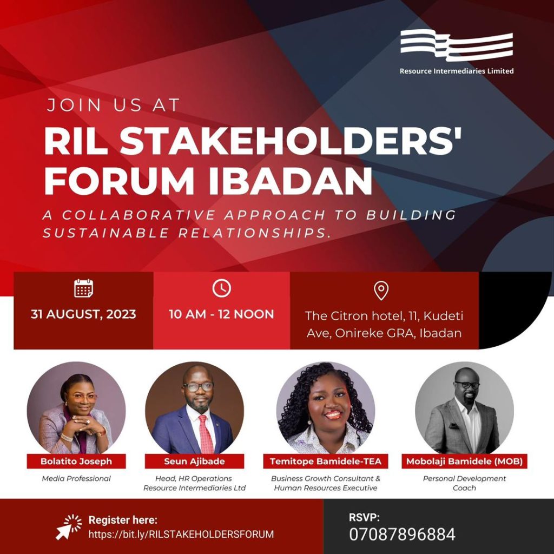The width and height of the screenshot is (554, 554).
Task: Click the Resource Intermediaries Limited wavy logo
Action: click(457, 45)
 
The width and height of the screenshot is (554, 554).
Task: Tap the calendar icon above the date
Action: click(84, 288)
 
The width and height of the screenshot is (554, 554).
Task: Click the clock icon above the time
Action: click(221, 288)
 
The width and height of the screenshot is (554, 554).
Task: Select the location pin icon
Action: click(381, 291)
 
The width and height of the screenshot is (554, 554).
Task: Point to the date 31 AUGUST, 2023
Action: click(83, 314)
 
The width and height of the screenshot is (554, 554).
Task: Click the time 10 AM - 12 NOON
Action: click(221, 314)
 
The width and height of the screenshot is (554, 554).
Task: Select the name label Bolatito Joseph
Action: click(76, 461)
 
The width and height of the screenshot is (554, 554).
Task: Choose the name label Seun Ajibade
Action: click(194, 461)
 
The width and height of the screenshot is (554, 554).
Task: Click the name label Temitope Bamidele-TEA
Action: click(326, 461)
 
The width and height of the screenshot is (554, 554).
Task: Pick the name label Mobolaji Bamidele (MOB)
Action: click(464, 461)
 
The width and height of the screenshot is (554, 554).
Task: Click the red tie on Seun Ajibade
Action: click(206, 434)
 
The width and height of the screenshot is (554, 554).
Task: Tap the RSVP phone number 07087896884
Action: click(402, 535)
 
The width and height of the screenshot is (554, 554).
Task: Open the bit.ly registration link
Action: click(181, 534)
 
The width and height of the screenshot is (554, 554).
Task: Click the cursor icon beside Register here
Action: click(69, 527)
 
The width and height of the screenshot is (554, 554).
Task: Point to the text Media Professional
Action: click(76, 478)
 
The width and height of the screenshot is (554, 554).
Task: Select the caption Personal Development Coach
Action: click(464, 483)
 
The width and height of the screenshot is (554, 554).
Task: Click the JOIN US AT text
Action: click(114, 105)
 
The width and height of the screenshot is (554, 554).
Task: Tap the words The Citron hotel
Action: click(354, 316)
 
